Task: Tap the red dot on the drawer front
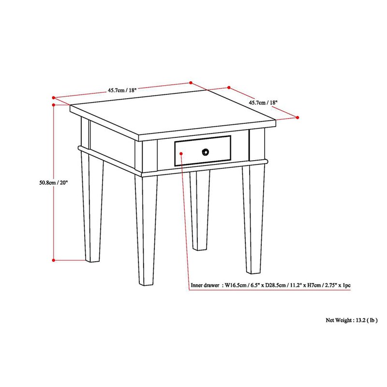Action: (180, 153)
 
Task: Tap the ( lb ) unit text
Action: (372, 320)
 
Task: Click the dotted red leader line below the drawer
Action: (184, 218)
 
